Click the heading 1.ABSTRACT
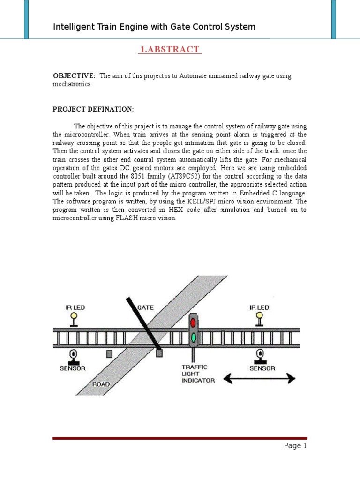point(170,50)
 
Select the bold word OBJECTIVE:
point(74,76)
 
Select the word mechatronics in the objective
point(72,84)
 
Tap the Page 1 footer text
point(295,446)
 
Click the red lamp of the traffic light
point(193,323)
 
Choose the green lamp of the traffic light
point(193,337)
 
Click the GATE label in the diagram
point(145,307)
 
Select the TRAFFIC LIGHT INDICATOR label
point(198,374)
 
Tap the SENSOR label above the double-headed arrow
point(262,368)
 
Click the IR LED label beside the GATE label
point(75,307)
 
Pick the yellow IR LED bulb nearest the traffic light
point(259,317)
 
